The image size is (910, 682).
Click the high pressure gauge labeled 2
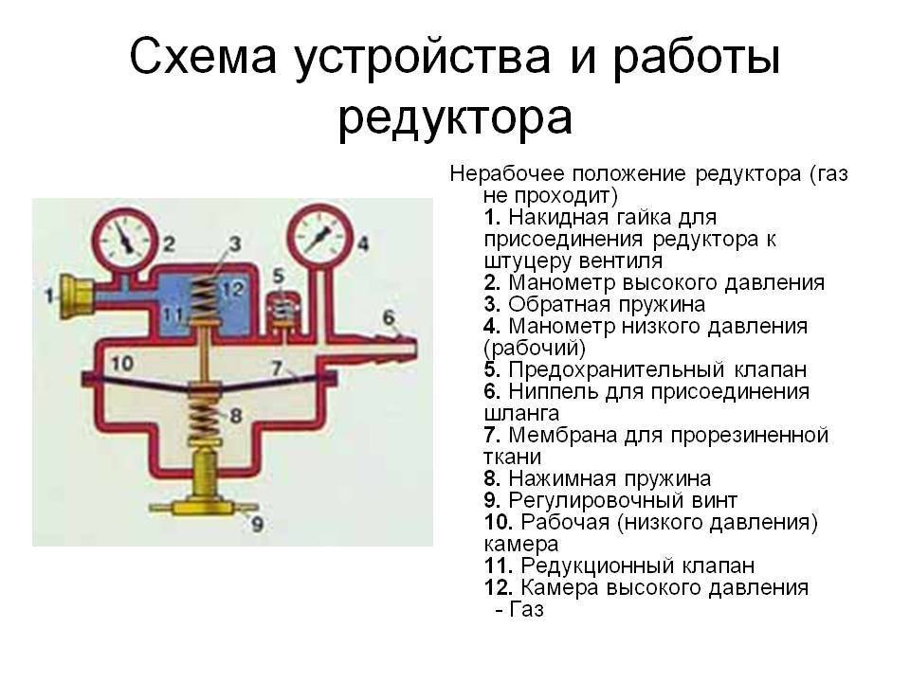(x=126, y=239)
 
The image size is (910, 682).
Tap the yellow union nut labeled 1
(x=77, y=296)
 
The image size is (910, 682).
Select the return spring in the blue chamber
(x=203, y=299)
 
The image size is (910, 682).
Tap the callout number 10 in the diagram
(x=122, y=364)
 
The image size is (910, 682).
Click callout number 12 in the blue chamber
(x=234, y=288)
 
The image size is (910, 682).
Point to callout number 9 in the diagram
(x=257, y=524)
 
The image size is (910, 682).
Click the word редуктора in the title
(x=455, y=119)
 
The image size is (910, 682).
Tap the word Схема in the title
(x=203, y=57)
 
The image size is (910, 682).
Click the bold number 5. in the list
(x=492, y=369)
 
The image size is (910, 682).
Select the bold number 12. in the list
(x=499, y=587)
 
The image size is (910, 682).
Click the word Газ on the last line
(x=527, y=609)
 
